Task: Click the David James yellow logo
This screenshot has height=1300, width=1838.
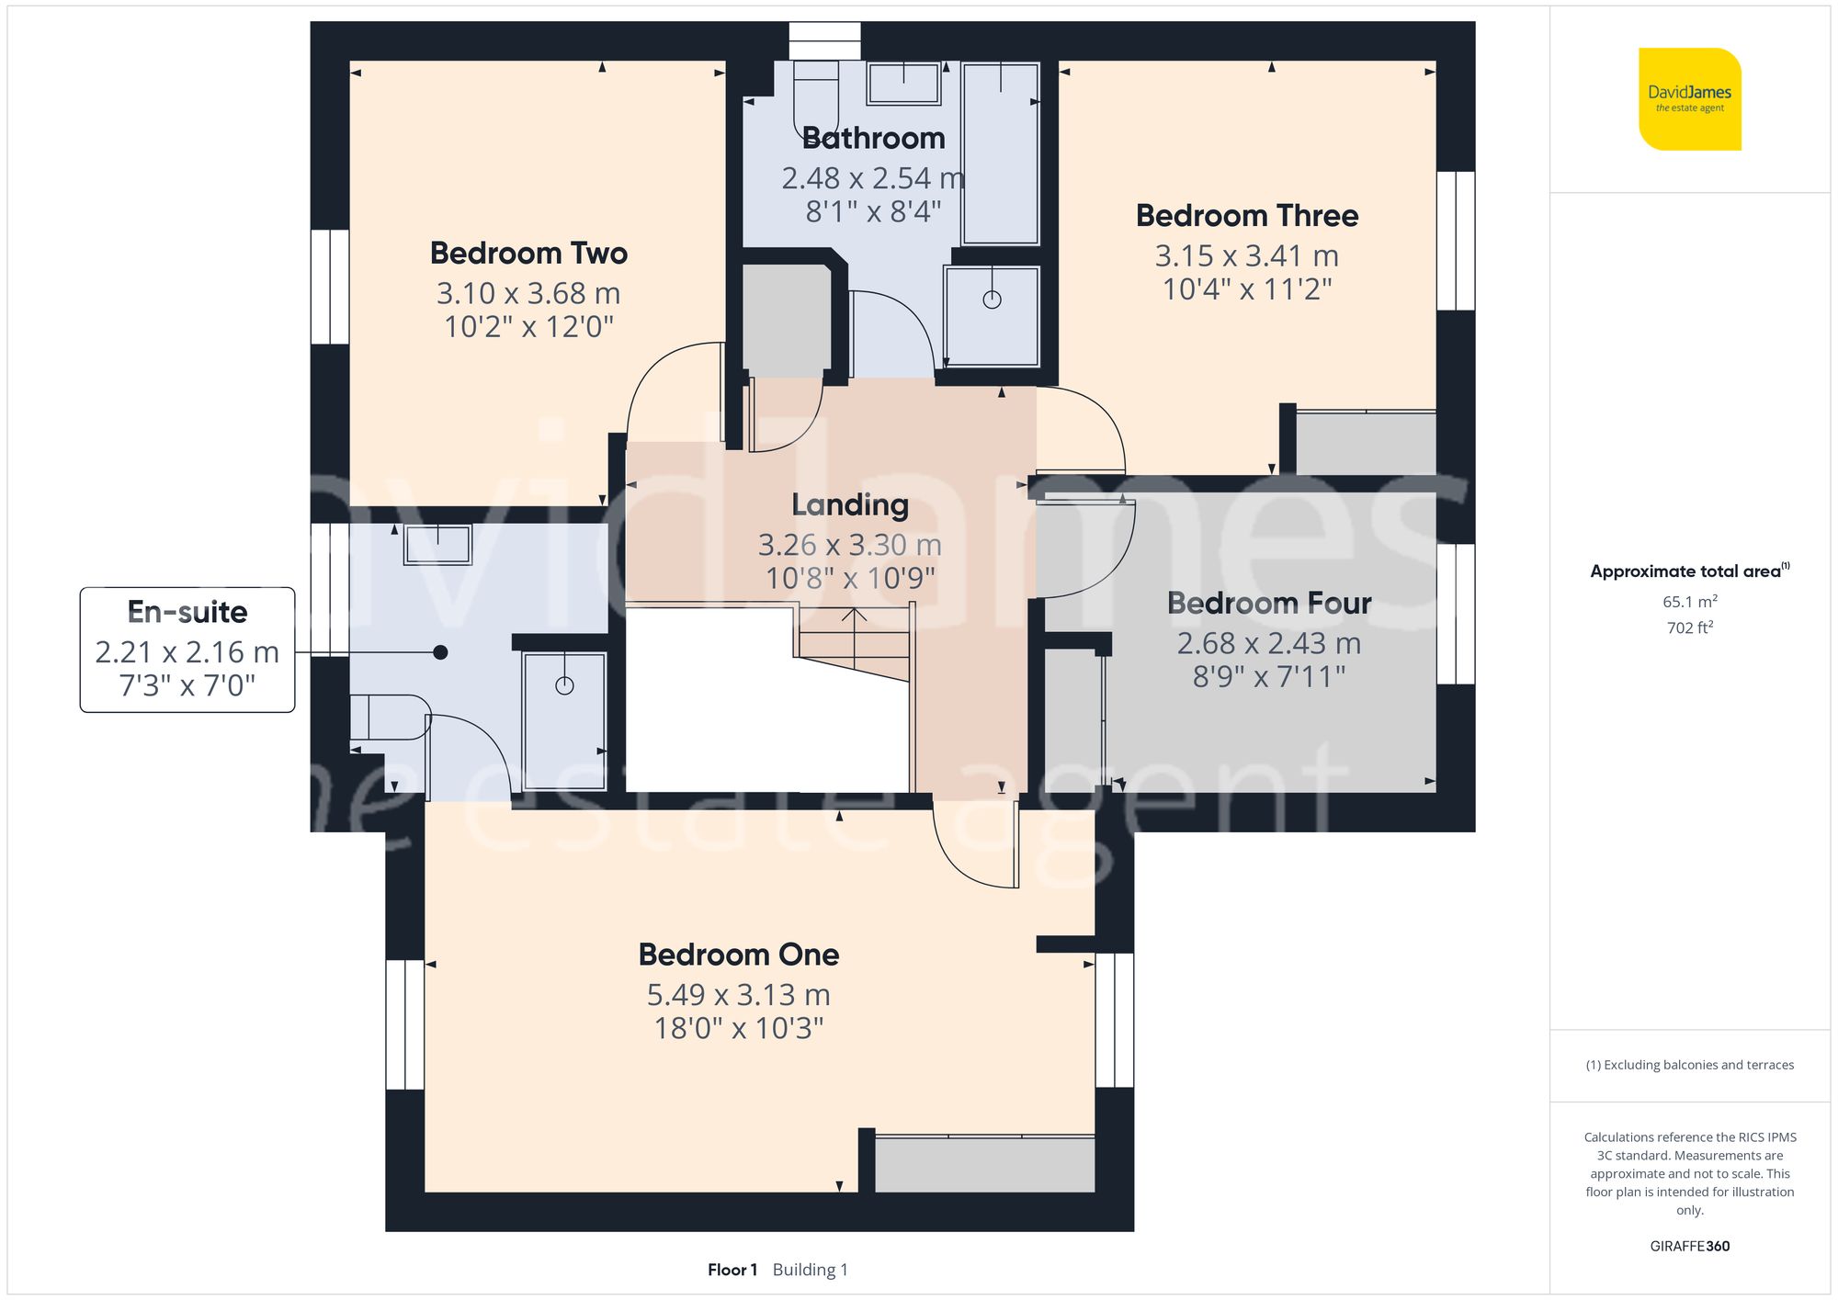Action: [x=1689, y=99]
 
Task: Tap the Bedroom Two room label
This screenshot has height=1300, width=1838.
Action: [x=528, y=253]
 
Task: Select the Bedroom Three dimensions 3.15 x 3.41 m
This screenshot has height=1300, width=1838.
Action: [x=1246, y=255]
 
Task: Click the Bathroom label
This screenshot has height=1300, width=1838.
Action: [x=873, y=138]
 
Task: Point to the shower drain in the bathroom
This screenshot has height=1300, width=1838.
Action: [x=992, y=300]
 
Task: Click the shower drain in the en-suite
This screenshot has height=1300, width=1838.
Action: [x=564, y=685]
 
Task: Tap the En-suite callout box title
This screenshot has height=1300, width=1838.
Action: [x=187, y=612]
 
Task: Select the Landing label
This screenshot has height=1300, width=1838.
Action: [x=850, y=504]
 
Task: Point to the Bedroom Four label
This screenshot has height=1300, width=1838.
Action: [x=1268, y=603]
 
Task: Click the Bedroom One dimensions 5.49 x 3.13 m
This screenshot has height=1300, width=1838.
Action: [x=738, y=994]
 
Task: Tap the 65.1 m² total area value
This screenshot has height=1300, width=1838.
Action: [x=1689, y=602]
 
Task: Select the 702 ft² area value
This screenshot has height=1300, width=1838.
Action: [x=1689, y=627]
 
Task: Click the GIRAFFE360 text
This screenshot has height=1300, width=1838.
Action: [x=1689, y=1246]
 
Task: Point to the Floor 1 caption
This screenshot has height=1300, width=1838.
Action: [x=732, y=1270]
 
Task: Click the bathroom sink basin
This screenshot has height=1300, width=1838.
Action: [x=903, y=84]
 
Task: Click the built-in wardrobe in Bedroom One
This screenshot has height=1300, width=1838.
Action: [x=983, y=1165]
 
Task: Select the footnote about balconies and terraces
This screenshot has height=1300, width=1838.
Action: [x=1689, y=1065]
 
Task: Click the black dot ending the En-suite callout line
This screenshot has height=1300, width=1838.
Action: [x=440, y=652]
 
